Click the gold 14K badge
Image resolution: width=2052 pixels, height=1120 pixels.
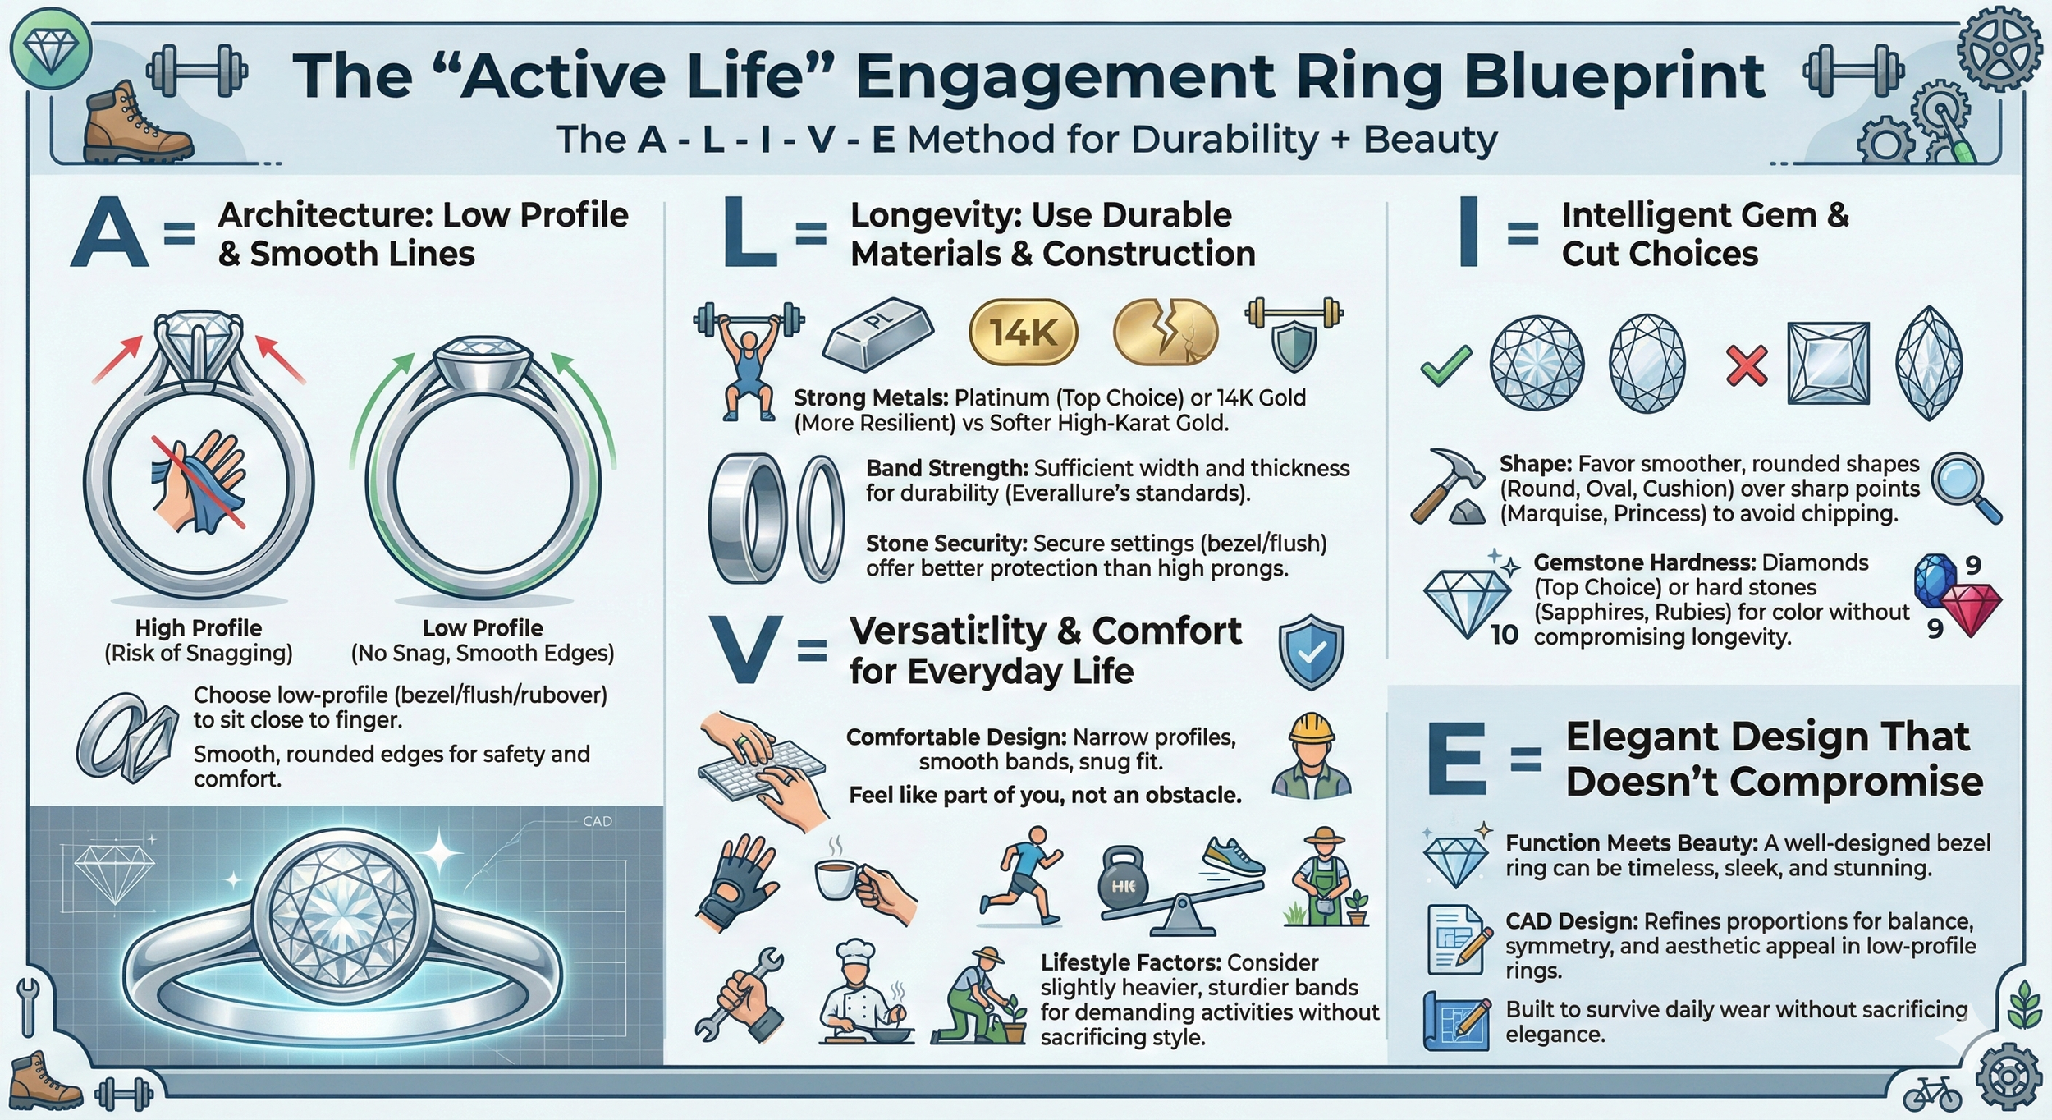click(1023, 333)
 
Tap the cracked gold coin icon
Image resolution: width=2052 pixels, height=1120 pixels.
click(1166, 333)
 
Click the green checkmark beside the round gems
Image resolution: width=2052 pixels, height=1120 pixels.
click(1445, 365)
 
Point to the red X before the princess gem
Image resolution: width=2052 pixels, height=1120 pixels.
click(1747, 365)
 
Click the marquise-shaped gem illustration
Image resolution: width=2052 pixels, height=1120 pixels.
click(1928, 363)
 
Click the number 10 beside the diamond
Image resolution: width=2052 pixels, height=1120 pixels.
click(1504, 634)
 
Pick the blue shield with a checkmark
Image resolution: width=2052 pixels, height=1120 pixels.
click(1311, 654)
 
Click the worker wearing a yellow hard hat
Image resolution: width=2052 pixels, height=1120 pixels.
click(1311, 755)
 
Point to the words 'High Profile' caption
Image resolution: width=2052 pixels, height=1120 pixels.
click(199, 628)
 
